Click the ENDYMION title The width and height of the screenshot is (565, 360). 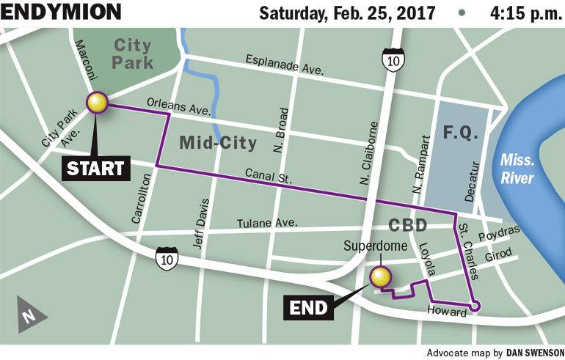click(x=60, y=12)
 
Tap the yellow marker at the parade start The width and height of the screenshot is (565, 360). click(x=97, y=103)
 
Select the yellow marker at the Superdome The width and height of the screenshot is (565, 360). click(x=380, y=277)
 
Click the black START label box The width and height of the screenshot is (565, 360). click(x=95, y=168)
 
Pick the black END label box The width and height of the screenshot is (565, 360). click(x=308, y=308)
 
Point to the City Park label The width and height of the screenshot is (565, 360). click(x=132, y=53)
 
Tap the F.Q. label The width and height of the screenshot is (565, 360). click(x=461, y=134)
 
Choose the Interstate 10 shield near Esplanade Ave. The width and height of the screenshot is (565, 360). click(x=392, y=61)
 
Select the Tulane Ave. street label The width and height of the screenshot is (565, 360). click(x=266, y=223)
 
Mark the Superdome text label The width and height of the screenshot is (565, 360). click(x=375, y=246)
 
